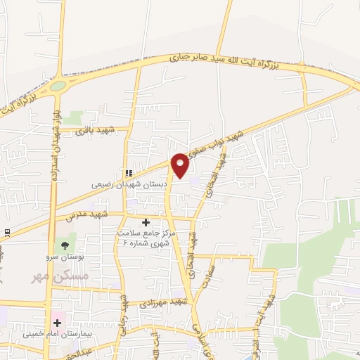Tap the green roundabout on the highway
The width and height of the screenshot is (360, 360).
pyautogui.click(x=58, y=86)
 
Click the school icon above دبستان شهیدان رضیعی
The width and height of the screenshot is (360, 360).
pyautogui.click(x=128, y=173)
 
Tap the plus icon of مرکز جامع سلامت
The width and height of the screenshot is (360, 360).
pyautogui.click(x=146, y=223)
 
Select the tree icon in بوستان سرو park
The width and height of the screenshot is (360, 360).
pyautogui.click(x=65, y=246)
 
